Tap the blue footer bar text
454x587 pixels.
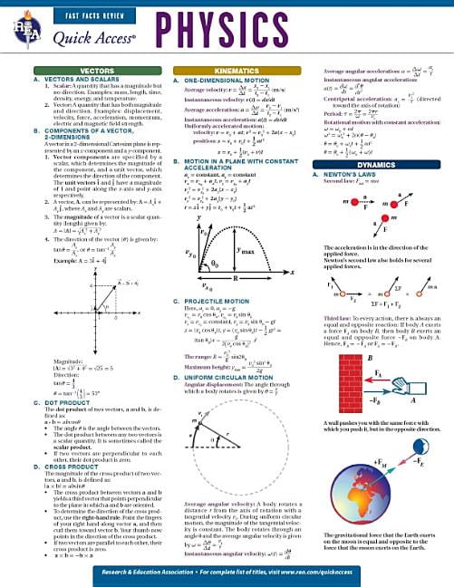[227, 573]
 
